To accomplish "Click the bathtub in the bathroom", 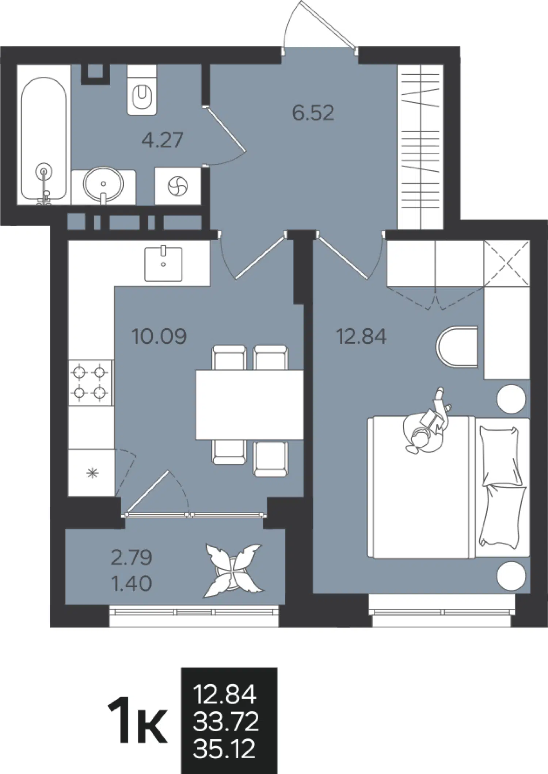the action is tap(44, 139).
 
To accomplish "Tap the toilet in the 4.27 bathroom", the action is tap(142, 90).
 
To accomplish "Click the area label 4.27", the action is tap(162, 140).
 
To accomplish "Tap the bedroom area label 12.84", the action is tap(361, 336).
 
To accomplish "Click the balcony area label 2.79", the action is tap(131, 558).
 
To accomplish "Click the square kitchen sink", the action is tap(163, 264).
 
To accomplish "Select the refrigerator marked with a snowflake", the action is tap(92, 473).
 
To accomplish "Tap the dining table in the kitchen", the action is tap(250, 405).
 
